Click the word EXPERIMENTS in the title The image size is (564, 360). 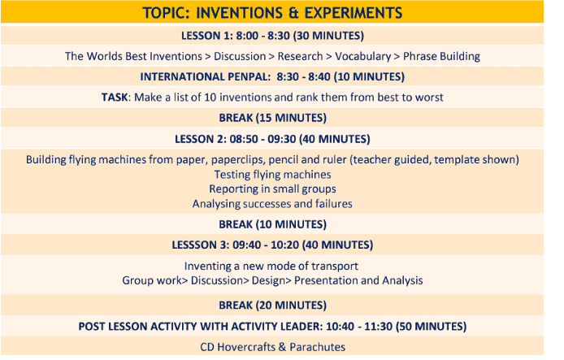click(354, 13)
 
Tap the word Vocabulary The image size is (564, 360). click(363, 56)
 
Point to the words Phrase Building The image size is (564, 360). click(441, 56)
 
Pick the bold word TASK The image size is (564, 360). click(115, 97)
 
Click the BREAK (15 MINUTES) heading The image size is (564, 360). click(272, 118)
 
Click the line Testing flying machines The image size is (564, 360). click(272, 175)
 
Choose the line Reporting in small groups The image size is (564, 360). click(272, 189)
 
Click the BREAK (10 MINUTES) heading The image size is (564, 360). click(272, 224)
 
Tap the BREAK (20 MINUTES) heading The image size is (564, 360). click(272, 306)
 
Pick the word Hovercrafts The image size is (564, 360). click(246, 347)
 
